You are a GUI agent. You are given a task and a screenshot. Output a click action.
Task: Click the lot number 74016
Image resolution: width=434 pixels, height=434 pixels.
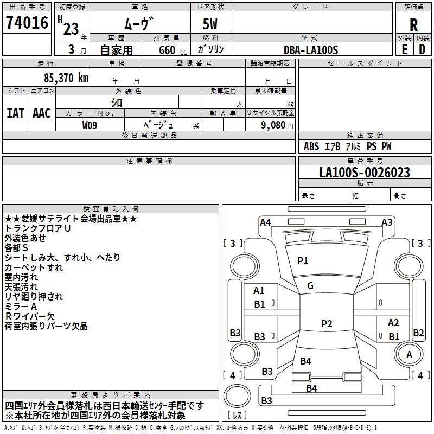point(27,22)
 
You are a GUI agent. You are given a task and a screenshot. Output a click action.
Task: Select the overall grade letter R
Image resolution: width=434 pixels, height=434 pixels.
point(413,25)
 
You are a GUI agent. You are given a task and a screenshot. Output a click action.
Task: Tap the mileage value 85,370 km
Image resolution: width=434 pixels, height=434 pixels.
point(66,78)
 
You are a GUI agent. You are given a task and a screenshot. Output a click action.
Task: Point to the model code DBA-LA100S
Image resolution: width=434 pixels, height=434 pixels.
point(311,50)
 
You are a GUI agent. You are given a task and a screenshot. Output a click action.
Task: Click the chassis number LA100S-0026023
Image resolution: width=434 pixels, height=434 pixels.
point(365,173)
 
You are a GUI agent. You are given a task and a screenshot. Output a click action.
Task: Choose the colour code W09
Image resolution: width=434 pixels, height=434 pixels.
point(90,125)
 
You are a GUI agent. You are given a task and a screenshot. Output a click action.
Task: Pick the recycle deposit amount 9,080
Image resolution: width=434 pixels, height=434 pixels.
point(273,125)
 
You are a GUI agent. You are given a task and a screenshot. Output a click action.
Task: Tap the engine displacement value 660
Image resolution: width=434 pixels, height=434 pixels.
point(167,50)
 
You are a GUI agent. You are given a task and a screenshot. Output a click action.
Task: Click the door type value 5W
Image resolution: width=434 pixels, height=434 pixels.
point(210,24)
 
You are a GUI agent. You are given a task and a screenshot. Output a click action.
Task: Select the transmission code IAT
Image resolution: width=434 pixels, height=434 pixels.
point(15,113)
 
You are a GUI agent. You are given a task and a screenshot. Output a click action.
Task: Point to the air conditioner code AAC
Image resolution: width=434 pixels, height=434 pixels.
point(42,113)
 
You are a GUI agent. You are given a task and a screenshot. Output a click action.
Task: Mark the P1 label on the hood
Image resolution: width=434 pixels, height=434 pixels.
point(303,261)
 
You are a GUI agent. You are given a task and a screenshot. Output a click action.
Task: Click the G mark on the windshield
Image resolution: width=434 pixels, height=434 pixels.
point(310,286)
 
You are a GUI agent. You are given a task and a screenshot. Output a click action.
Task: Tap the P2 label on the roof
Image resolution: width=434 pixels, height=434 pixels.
point(327,323)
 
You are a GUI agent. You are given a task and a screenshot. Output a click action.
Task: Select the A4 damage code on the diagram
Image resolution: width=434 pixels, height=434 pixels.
point(265,222)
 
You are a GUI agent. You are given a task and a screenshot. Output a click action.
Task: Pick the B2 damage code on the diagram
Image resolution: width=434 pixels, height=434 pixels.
point(418,333)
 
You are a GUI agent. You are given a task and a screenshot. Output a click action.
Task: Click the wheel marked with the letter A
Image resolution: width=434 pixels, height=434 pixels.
point(409,355)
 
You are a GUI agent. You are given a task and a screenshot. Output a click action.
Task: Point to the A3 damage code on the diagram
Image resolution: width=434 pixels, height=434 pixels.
point(387,222)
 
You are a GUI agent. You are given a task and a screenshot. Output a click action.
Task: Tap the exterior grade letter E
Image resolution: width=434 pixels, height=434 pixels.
point(405,50)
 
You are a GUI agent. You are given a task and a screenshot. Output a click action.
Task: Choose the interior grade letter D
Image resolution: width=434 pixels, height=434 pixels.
point(422,50)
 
